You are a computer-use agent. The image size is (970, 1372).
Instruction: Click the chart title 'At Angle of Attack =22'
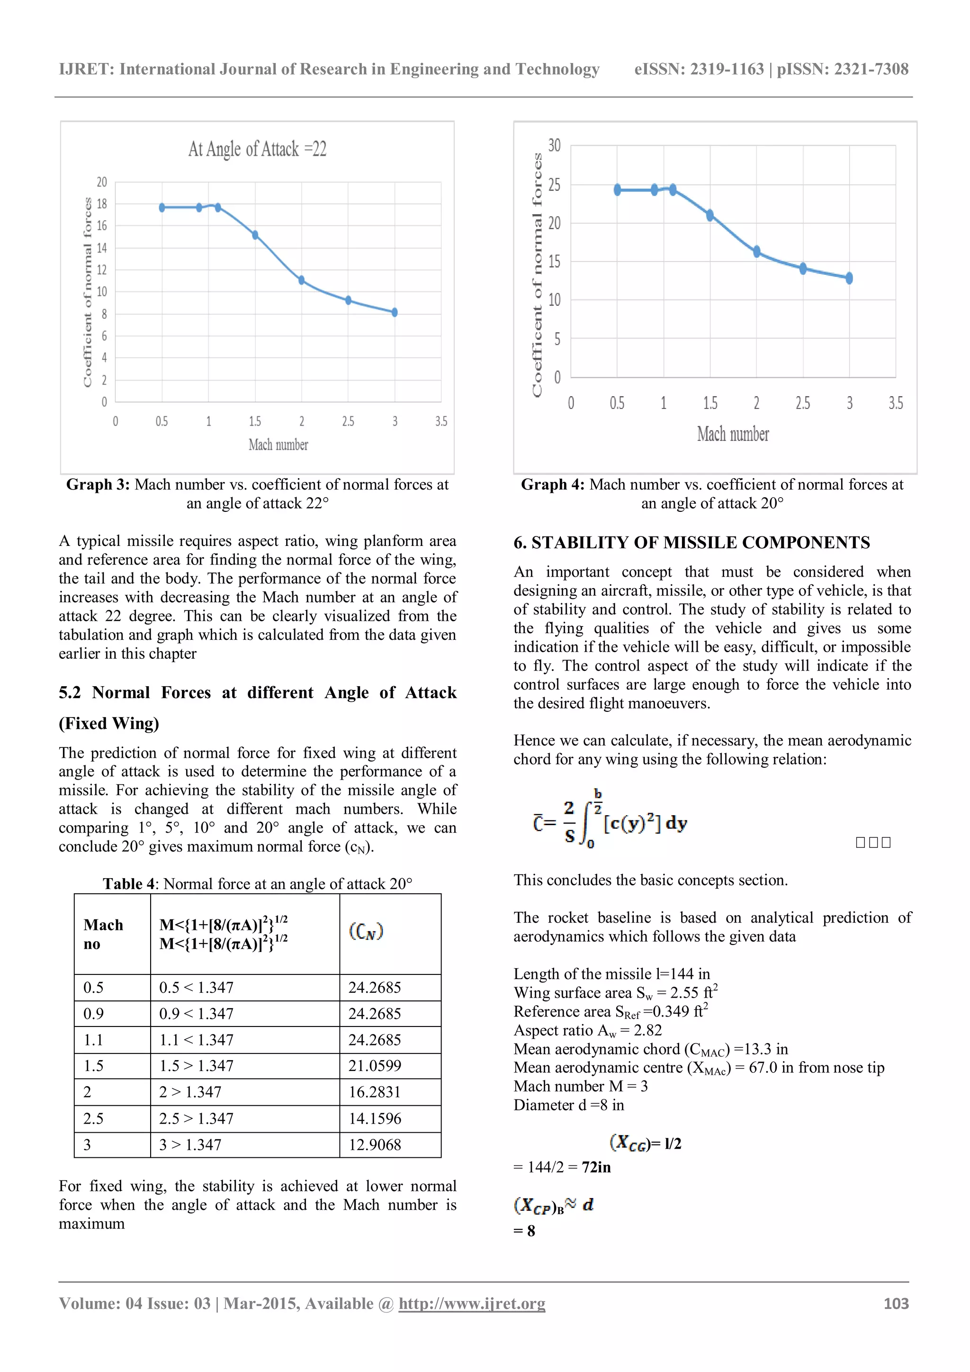(x=258, y=149)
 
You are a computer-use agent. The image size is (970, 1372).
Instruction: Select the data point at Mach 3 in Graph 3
(x=394, y=312)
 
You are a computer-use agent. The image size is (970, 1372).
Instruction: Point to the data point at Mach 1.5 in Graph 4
(x=710, y=215)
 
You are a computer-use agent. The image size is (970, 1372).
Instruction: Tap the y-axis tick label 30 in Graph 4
(x=554, y=145)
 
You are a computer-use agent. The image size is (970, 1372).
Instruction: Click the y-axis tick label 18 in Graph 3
(x=101, y=204)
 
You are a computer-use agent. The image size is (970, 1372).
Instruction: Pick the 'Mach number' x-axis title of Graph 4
(x=733, y=434)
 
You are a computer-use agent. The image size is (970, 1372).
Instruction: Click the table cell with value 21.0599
(x=375, y=1065)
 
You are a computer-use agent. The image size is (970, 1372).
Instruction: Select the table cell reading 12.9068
(x=375, y=1145)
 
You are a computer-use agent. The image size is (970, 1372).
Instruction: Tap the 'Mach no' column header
(x=103, y=934)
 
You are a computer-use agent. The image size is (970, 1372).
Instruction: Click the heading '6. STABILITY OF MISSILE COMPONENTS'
(x=692, y=543)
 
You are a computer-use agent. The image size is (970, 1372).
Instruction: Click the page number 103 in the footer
(x=896, y=1303)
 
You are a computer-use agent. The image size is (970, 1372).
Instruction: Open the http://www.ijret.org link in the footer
(x=472, y=1303)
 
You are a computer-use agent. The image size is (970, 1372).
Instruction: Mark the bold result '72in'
(x=596, y=1167)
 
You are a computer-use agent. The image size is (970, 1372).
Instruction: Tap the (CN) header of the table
(x=366, y=931)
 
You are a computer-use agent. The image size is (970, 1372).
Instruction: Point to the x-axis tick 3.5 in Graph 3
(x=441, y=421)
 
